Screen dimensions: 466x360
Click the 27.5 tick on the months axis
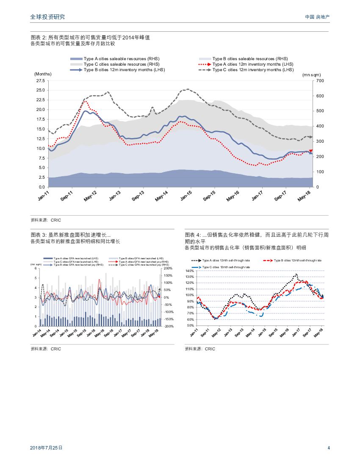click(x=41, y=80)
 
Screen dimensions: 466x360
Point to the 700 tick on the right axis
click(x=320, y=80)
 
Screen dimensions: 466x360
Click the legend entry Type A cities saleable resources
click(x=115, y=58)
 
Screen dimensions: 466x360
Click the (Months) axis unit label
click(x=43, y=74)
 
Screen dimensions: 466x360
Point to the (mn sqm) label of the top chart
click(x=311, y=75)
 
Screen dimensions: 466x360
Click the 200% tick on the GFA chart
click(x=168, y=268)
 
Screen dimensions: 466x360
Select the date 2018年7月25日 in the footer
click(x=47, y=448)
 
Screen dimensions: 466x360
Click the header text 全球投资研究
click(x=48, y=17)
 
